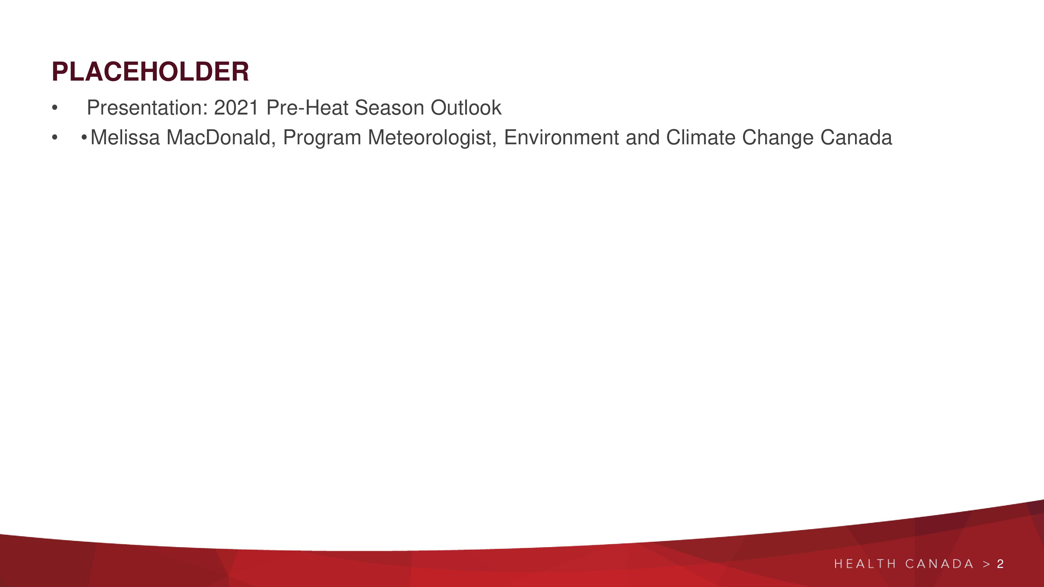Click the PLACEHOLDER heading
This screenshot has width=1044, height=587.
150,72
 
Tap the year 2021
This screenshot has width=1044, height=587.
236,108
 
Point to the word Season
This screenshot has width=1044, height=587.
389,108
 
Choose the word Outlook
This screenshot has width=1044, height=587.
466,108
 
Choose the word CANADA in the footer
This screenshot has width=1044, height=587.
939,564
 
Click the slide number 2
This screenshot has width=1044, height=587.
1000,564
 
